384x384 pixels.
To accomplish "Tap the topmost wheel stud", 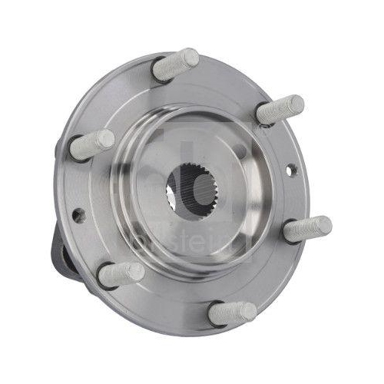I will click(176, 65).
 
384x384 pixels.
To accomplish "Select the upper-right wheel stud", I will click(280, 110).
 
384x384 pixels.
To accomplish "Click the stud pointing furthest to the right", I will click(306, 229).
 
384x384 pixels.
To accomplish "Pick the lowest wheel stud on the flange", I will click(232, 313).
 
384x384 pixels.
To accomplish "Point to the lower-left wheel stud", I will click(121, 273).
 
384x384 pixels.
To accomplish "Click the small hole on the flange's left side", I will click(78, 215).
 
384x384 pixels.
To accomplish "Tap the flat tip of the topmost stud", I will click(190, 57).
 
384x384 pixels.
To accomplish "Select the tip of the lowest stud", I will click(249, 311).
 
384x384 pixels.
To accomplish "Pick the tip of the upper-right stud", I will click(296, 104).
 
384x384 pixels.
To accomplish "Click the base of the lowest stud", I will click(215, 314).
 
